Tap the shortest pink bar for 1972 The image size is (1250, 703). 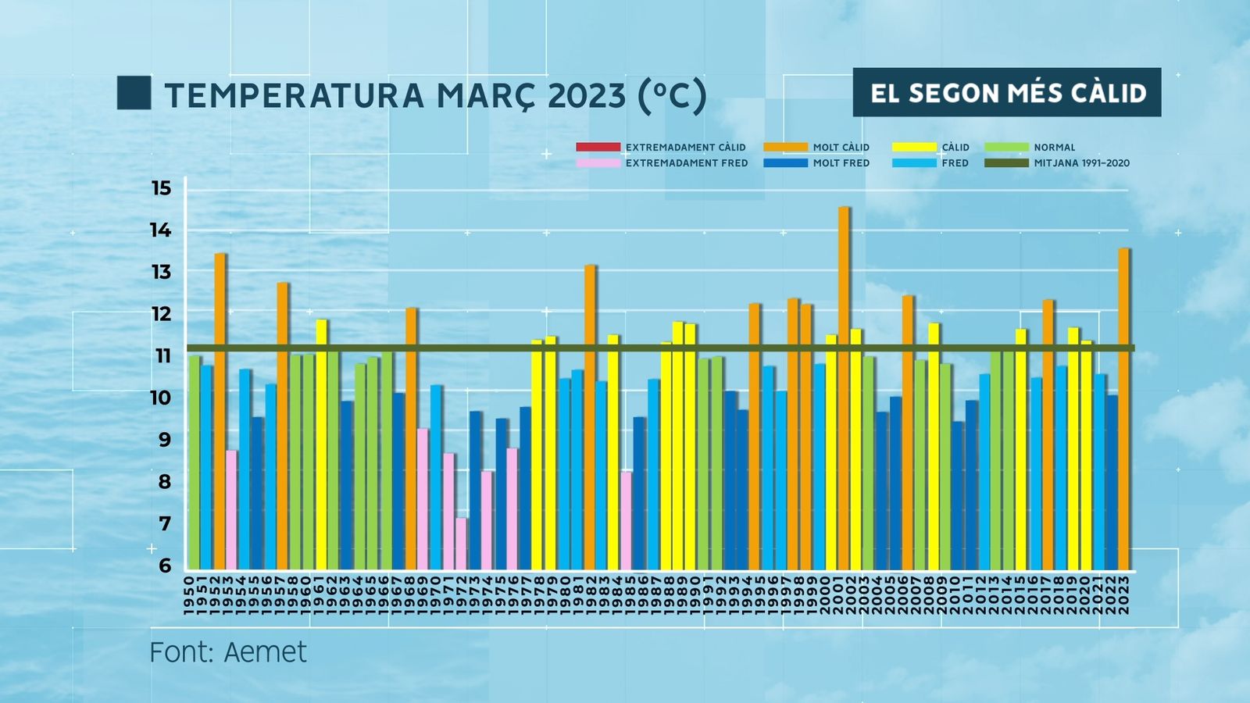coord(462,544)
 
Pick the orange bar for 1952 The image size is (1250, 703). coord(220,411)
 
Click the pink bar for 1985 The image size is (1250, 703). coord(626,520)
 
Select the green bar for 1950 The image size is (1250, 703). coord(194,462)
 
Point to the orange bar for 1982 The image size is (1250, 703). coord(590,417)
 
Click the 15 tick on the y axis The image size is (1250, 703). coord(161,188)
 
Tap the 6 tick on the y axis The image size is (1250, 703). coord(164,566)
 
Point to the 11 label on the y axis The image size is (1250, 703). coord(162,356)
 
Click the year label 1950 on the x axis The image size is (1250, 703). coord(188,595)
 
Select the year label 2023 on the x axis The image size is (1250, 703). coord(1124,595)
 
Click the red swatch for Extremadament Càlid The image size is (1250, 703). coord(598,147)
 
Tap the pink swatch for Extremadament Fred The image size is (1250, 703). coord(598,163)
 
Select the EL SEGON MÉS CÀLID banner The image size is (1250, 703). coord(1007,93)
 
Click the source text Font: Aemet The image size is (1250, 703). coord(228,652)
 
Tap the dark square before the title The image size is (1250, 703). coord(134,93)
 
